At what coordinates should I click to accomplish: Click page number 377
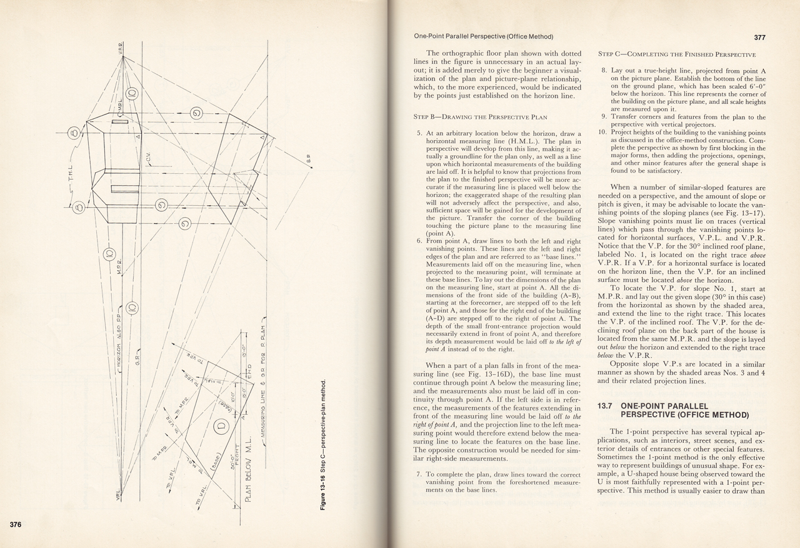pyautogui.click(x=759, y=38)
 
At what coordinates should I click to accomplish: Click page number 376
pyautogui.click(x=16, y=524)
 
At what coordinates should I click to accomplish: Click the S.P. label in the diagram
pyautogui.click(x=309, y=161)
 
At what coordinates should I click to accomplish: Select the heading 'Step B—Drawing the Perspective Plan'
pyautogui.click(x=480, y=116)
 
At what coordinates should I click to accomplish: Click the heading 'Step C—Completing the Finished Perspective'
pyautogui.click(x=677, y=54)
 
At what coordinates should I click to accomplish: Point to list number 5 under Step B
pyautogui.click(x=419, y=134)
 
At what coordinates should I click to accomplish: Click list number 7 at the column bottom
pyautogui.click(x=419, y=475)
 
